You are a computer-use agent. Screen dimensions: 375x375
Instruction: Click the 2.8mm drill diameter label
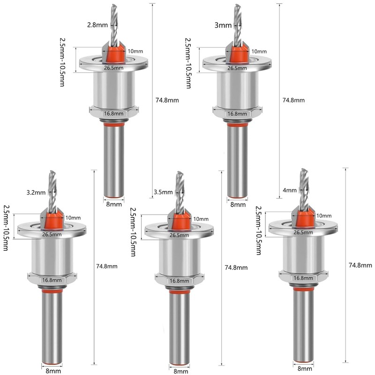[x=97, y=25]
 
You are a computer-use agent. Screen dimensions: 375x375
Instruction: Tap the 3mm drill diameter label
[x=223, y=25]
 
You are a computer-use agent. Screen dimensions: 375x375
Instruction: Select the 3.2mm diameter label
[x=36, y=192]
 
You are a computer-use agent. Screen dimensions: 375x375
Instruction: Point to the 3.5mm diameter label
[x=163, y=192]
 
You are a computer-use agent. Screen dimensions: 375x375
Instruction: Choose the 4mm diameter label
[x=290, y=190]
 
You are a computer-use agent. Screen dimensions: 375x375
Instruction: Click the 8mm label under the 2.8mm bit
[x=114, y=204]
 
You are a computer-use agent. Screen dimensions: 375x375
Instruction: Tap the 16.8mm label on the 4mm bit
[x=303, y=278]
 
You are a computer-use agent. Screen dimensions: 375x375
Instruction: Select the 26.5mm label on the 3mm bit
[x=237, y=68]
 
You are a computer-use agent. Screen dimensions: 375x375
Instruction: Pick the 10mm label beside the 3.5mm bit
[x=201, y=219]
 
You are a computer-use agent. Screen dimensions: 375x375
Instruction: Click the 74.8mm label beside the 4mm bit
[x=360, y=265]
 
